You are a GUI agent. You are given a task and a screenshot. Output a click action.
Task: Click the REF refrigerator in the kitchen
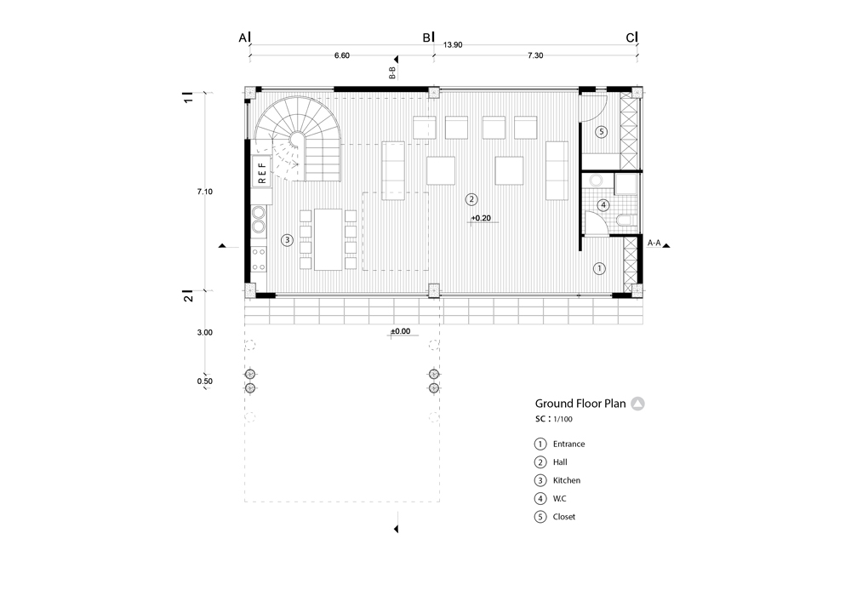(x=262, y=172)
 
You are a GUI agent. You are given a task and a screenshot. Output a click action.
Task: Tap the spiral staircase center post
(x=298, y=140)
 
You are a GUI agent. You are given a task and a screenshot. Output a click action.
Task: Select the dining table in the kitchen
(x=328, y=239)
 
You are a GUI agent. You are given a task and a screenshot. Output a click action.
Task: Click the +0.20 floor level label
(x=483, y=218)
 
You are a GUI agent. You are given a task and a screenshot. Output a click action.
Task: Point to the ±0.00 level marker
(x=400, y=330)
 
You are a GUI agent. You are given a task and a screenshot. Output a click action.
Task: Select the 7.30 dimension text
(x=534, y=55)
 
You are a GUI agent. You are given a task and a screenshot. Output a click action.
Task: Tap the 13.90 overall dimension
(x=453, y=47)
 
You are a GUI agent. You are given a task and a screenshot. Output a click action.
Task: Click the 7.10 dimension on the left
(x=204, y=192)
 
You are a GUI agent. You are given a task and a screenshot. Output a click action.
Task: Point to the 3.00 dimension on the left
(x=204, y=332)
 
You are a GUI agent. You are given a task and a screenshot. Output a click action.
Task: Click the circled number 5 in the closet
(x=601, y=132)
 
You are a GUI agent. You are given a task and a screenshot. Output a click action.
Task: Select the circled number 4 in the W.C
(x=603, y=204)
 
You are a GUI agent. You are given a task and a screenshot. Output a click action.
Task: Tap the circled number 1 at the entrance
(x=599, y=268)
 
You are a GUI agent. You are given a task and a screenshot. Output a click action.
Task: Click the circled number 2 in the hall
(x=471, y=199)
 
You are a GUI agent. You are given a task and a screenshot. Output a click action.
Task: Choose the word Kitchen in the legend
(x=567, y=480)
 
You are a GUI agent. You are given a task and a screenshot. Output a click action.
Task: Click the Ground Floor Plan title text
(x=580, y=404)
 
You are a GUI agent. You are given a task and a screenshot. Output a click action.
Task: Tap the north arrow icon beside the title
(x=638, y=404)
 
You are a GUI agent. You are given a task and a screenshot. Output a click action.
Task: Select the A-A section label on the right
(x=654, y=243)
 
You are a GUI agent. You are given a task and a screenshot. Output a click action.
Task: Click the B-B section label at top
(x=392, y=74)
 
